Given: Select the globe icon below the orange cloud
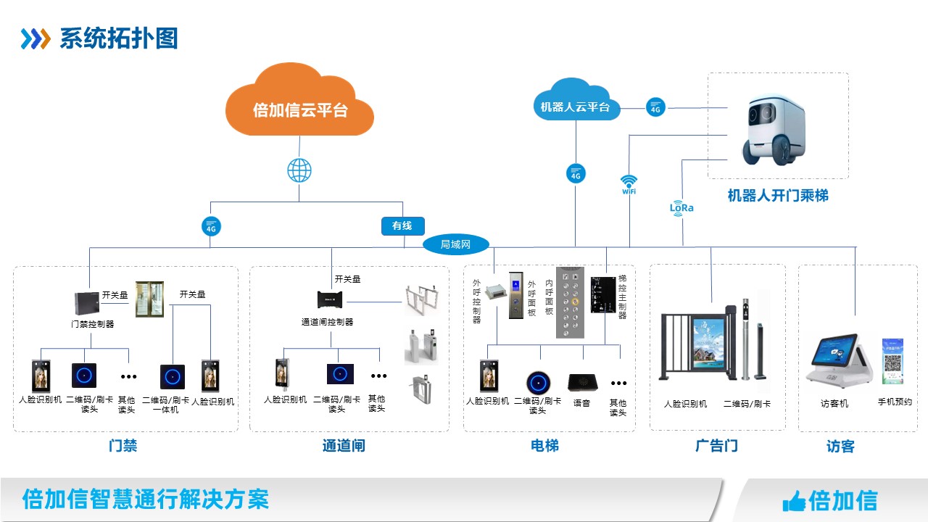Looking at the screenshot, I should (x=299, y=172).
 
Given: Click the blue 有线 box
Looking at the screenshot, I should (x=402, y=226).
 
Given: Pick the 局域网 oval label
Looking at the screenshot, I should (x=455, y=244).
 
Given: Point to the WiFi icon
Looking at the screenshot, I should (x=629, y=183).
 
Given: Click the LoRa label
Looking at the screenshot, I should (x=681, y=208).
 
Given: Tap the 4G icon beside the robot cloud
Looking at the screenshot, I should (x=655, y=107).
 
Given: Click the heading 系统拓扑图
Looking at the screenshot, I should (x=118, y=38).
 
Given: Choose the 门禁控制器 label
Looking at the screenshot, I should (x=92, y=324).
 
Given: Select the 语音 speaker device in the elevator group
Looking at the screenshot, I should (x=581, y=381).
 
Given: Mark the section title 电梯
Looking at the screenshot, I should (x=544, y=446).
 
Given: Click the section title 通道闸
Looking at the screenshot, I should (x=344, y=446).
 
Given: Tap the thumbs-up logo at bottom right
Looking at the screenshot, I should (x=794, y=501).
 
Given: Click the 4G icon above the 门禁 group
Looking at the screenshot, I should (x=211, y=226).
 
